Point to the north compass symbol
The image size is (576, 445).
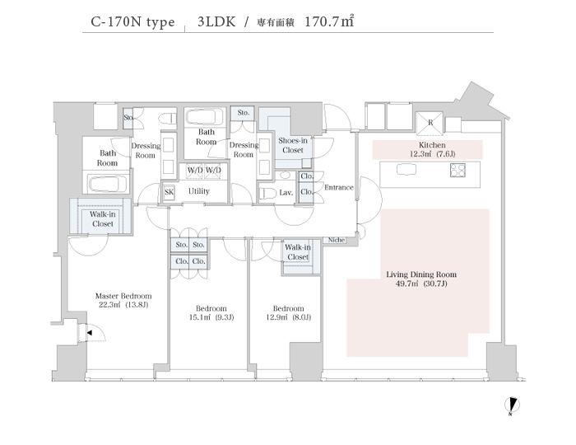pos(511,405)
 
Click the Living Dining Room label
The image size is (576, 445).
pos(421,279)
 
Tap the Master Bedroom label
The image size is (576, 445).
pos(123,300)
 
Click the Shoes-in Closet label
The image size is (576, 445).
pos(293,145)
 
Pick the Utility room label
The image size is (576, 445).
pos(198,191)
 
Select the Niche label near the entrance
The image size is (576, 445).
pos(336,240)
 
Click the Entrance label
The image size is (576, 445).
pos(338,187)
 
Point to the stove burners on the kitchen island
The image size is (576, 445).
pos(458,171)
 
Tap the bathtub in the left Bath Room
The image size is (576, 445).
pos(106,183)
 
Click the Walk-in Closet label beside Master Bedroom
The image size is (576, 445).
pos(102,218)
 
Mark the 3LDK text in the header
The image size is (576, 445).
pos(216,22)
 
